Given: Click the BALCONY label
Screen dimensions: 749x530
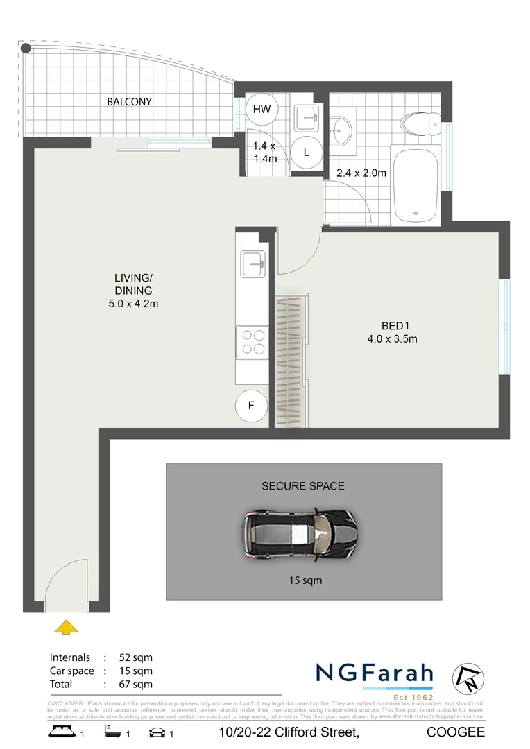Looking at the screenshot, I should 129,102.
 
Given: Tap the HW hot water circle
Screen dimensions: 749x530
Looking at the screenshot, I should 262,109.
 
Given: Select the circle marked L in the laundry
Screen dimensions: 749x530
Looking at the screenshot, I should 306,152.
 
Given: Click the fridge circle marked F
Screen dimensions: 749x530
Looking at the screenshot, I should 251,406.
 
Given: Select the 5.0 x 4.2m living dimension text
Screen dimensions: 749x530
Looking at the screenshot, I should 132,302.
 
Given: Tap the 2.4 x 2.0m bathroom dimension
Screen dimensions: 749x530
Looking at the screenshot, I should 361,173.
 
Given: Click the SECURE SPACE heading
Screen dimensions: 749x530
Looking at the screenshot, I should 302,486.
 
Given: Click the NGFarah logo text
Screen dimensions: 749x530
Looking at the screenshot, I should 375,673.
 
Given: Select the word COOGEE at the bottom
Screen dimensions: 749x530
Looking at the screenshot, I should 455,732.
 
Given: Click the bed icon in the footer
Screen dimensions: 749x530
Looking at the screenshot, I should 62,732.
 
